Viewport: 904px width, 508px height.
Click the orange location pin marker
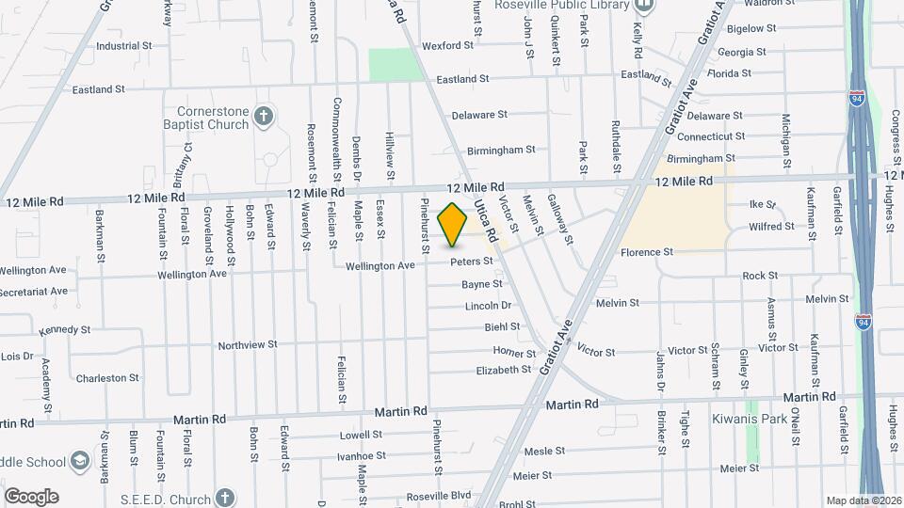point(453,224)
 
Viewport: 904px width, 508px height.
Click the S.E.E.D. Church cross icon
point(223,496)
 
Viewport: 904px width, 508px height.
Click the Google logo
point(31,496)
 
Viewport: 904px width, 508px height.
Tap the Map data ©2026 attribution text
point(863,500)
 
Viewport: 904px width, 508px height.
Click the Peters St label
point(471,262)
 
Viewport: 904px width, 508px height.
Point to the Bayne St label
point(481,284)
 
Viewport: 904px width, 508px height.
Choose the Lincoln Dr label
point(488,306)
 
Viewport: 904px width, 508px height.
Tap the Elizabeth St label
point(504,371)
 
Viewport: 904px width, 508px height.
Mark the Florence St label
point(647,252)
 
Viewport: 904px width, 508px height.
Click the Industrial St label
point(123,45)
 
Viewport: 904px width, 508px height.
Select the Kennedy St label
point(64,330)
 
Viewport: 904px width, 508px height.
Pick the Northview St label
point(248,345)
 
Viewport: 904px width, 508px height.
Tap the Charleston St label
point(107,378)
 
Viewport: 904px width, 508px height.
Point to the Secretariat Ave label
point(34,291)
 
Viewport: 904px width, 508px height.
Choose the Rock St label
point(760,276)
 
